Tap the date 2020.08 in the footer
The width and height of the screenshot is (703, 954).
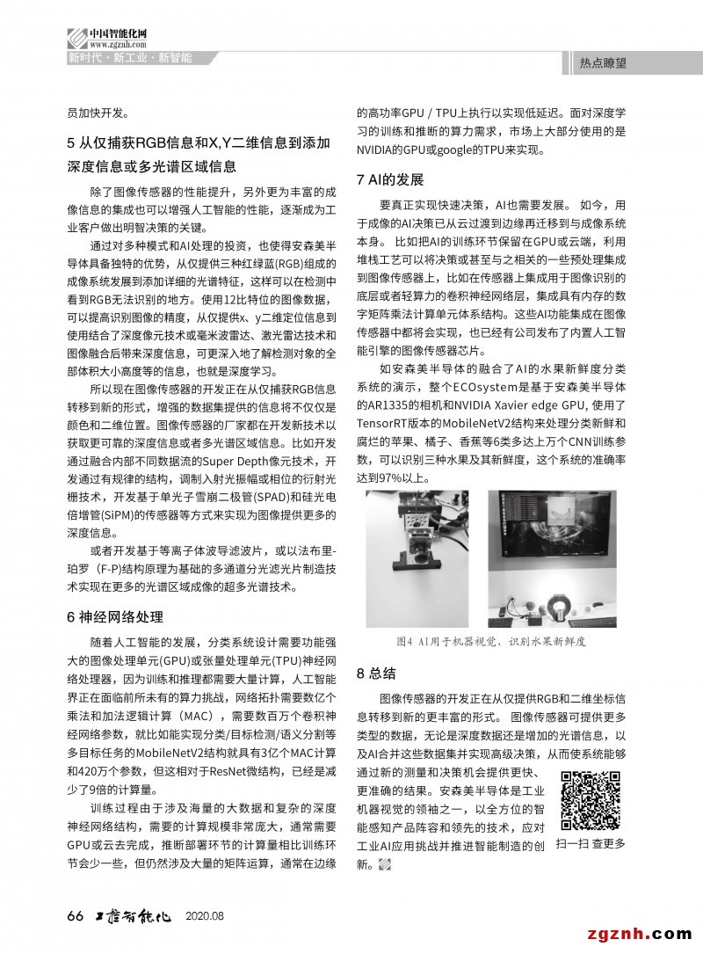(x=205, y=916)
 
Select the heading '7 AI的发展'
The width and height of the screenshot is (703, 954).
(x=390, y=179)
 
